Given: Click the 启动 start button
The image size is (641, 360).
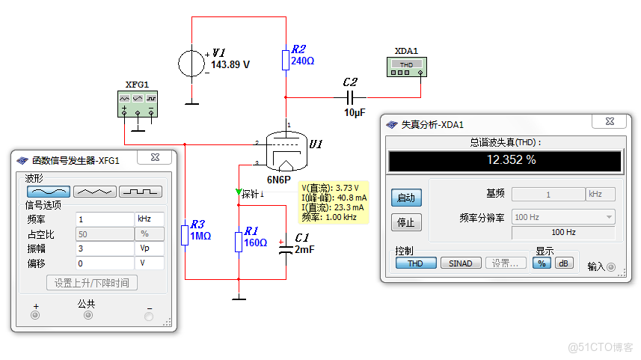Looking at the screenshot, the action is [406, 198].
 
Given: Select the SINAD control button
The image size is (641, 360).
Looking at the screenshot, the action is [460, 263].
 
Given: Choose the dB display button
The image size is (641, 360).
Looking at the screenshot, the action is [563, 263].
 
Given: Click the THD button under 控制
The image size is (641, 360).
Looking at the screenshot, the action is [415, 263].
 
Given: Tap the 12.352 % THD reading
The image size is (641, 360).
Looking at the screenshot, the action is [511, 159].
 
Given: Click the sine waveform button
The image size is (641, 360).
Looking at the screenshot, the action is [48, 192].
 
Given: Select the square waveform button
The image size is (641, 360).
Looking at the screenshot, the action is [140, 192].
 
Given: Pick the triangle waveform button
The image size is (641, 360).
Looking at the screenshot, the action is [94, 192].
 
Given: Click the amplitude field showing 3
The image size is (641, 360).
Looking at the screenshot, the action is [105, 248].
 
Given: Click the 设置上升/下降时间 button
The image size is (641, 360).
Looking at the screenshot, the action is [91, 283].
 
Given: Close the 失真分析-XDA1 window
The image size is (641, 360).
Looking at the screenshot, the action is [610, 121].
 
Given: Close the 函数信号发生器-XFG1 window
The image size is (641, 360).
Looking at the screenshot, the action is [155, 157].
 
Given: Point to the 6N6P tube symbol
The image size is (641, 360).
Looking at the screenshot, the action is [286, 151].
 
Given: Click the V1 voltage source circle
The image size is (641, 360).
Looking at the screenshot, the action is [191, 64].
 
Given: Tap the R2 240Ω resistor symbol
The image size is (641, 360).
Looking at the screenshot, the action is [286, 60].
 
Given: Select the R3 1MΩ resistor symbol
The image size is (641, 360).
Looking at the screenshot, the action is [185, 235].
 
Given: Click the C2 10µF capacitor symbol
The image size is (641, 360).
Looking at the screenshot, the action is [349, 97].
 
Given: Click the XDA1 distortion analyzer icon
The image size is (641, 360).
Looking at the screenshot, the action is [406, 67].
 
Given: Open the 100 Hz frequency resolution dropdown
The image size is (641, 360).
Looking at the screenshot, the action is [563, 217].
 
